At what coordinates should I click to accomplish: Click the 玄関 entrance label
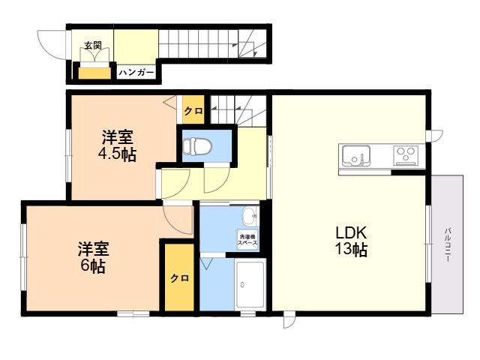click(x=93, y=46)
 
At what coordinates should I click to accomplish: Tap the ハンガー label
click(x=136, y=73)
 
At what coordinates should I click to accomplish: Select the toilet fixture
click(x=197, y=145)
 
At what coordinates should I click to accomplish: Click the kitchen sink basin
click(x=356, y=156)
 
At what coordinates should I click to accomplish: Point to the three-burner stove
click(x=406, y=155)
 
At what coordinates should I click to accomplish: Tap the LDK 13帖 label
click(x=352, y=241)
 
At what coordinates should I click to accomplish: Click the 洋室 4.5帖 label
click(x=117, y=145)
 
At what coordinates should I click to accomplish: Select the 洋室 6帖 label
click(x=93, y=257)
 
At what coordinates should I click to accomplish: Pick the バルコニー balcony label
click(x=448, y=244)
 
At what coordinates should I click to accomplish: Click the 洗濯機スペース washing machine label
click(x=248, y=239)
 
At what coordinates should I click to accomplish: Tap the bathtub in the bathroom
click(x=250, y=284)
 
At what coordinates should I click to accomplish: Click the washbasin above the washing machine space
click(x=250, y=215)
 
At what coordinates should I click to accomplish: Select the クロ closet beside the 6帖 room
click(x=180, y=277)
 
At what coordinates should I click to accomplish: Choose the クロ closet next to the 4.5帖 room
click(x=193, y=110)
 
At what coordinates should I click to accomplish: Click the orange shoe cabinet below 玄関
click(x=94, y=73)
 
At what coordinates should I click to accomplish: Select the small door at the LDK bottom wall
click(x=289, y=319)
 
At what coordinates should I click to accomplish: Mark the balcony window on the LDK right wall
click(x=429, y=244)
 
